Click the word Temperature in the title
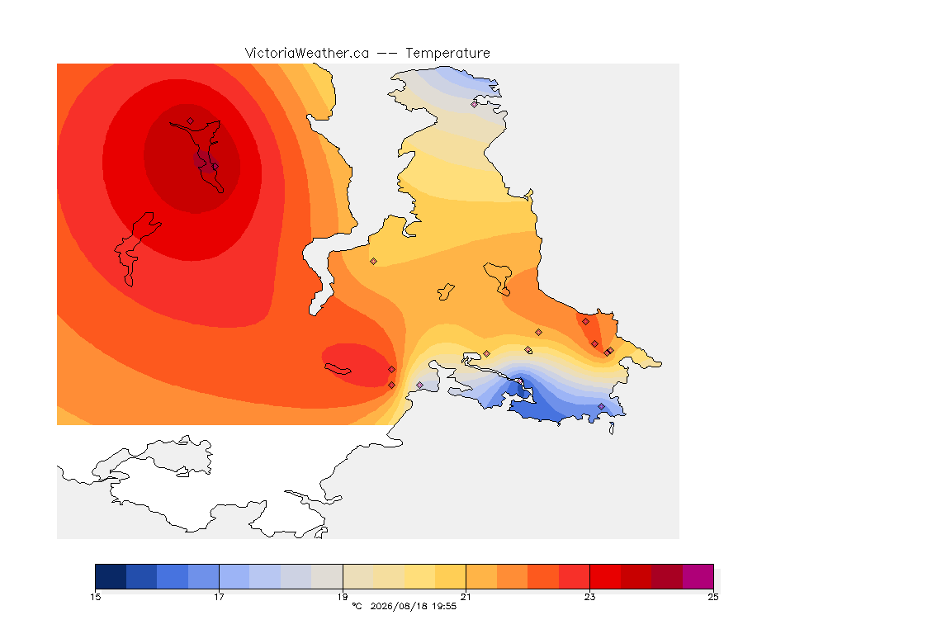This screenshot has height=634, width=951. click(447, 54)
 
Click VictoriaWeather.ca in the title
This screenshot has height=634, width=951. click(307, 54)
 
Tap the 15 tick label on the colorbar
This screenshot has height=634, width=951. click(95, 597)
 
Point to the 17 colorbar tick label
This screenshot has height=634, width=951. click(219, 597)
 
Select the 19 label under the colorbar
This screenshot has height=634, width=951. click(343, 597)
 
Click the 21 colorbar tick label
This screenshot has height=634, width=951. click(466, 597)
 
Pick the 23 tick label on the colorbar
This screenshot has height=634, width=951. click(589, 597)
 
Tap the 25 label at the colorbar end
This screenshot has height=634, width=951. click(713, 597)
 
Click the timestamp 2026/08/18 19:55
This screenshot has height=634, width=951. click(413, 606)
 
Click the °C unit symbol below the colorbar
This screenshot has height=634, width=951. click(357, 606)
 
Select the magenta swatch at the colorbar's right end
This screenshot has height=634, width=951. click(698, 576)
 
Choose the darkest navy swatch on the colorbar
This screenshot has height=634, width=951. click(111, 576)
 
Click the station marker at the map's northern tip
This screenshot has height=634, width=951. click(475, 104)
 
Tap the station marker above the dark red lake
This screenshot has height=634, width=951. click(191, 121)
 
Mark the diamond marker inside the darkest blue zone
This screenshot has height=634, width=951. click(520, 381)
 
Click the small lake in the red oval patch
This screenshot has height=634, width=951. click(338, 369)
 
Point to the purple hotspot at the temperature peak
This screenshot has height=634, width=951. click(206, 161)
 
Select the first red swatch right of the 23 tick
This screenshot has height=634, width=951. click(605, 576)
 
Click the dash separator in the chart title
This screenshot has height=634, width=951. click(387, 54)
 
